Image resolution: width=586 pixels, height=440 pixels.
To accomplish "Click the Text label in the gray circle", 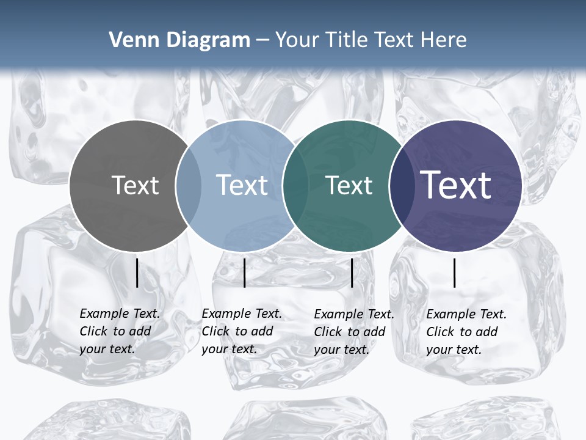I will pos(135,185).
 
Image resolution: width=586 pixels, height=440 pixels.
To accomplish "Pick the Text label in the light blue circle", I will pos(242,185).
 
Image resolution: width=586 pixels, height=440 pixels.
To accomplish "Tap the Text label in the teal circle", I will pos(349,185).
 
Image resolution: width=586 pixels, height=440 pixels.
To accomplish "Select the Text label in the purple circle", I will pos(456,185).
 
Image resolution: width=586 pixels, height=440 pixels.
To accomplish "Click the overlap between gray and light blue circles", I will pos(188,186).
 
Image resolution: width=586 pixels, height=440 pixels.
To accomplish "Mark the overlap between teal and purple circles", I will pos(400,186).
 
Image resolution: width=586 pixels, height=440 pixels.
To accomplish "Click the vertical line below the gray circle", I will pos(137,273).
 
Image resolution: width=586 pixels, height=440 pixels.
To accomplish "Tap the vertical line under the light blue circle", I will pos(244,273).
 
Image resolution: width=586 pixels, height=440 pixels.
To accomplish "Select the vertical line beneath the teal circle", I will pos(352,273).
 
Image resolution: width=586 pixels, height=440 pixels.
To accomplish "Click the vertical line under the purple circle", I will pos(455,273).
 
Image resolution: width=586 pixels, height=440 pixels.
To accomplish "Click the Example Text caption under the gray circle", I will pos(120,313).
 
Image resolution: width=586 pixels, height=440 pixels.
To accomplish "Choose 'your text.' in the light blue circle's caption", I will pos(229,349).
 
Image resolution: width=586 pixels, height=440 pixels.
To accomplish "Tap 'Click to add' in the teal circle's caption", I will pos(350,332).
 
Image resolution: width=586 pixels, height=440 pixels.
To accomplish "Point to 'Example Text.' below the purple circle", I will pos(466,314).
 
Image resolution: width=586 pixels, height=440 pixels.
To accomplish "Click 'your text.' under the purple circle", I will pos(454,350).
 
